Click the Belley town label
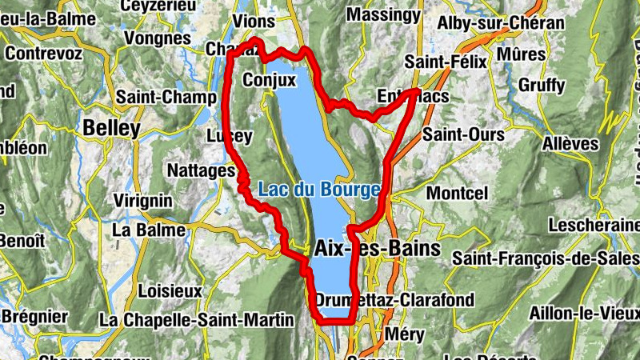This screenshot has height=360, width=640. [x=111, y=127]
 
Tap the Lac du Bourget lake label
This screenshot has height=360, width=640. [x=319, y=190]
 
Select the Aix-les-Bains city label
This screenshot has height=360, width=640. [x=378, y=249]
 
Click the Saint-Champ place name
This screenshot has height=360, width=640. [x=166, y=97]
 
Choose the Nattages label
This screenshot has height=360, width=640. [x=201, y=170]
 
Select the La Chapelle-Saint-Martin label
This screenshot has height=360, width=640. [x=198, y=320]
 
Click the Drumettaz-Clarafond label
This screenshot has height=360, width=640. [x=394, y=301]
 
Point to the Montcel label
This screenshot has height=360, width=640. [x=457, y=194]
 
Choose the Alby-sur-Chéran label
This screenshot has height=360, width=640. [x=500, y=23]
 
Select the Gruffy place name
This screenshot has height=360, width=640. [x=542, y=84]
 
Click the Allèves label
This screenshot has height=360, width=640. [x=570, y=144]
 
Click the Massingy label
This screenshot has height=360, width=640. [x=384, y=14]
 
